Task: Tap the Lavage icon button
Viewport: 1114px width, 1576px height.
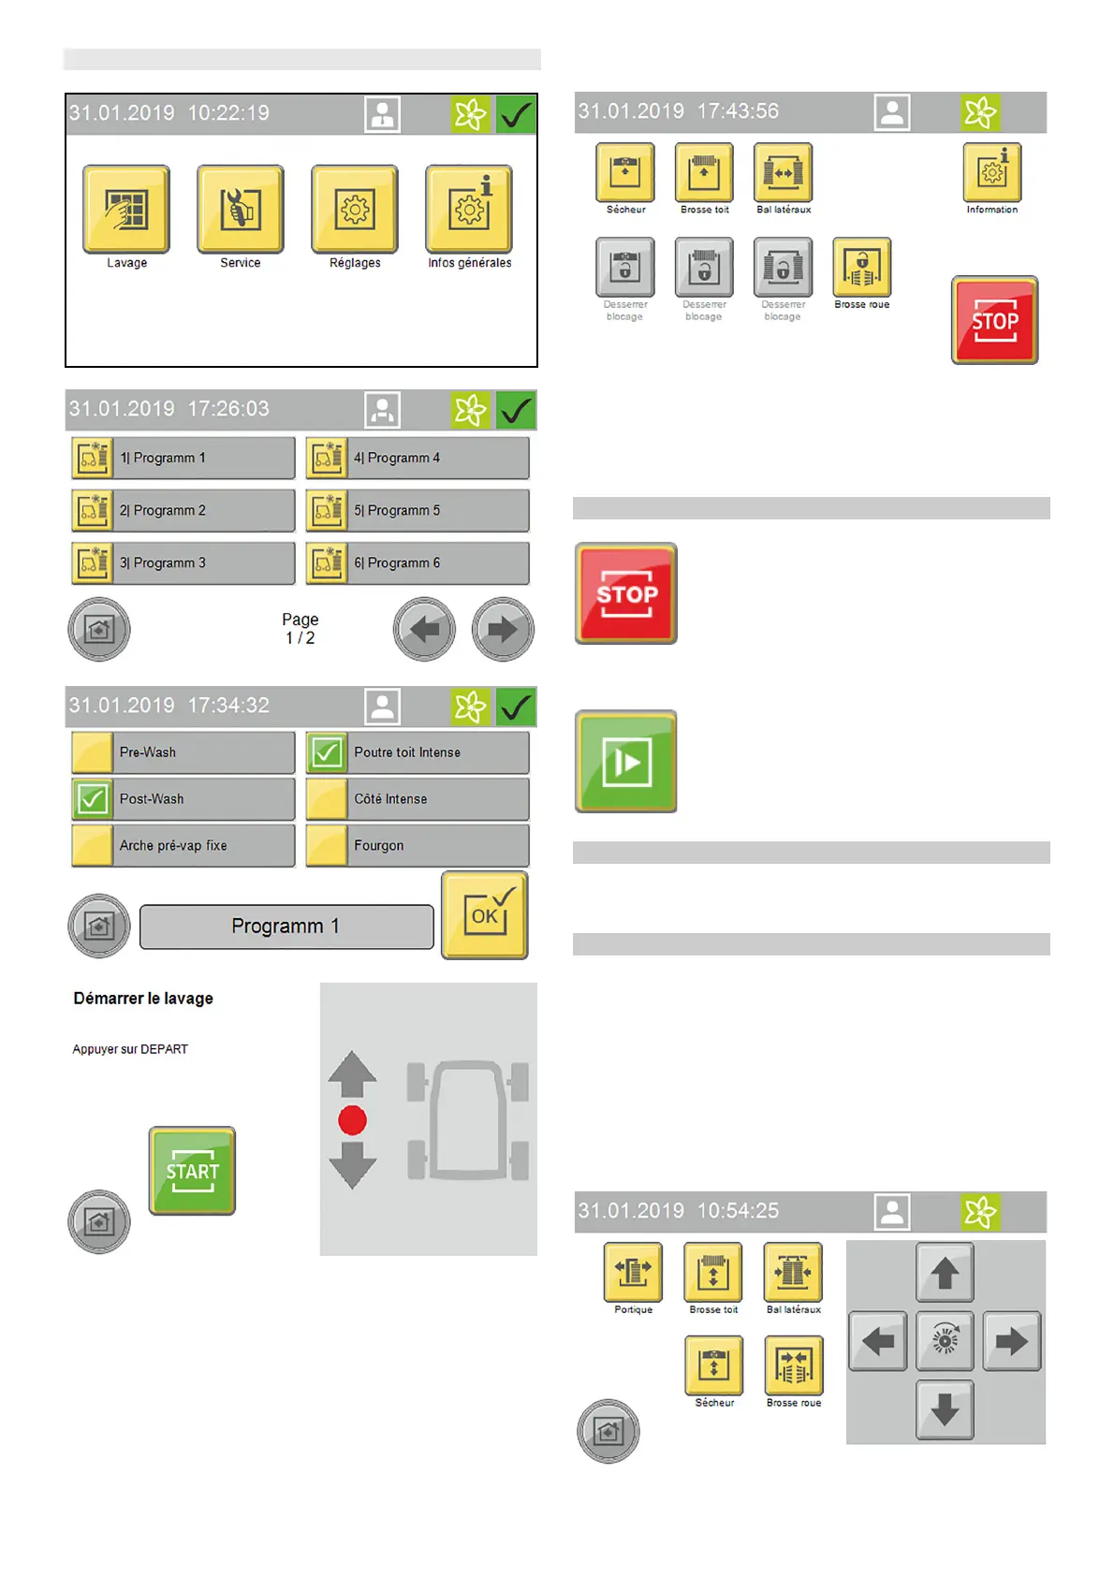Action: pos(126,210)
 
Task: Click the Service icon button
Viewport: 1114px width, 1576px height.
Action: pos(241,210)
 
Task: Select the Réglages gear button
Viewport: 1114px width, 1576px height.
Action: pos(355,210)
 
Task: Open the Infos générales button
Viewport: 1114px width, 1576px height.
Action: pos(469,210)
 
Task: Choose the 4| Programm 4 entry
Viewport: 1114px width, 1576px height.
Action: pos(418,459)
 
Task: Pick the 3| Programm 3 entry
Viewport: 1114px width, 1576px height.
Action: pos(183,563)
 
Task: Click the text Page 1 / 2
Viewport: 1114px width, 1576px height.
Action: pos(300,629)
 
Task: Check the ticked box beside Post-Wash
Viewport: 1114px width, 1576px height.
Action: pos(93,799)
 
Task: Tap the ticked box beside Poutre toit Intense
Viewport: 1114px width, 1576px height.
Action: pos(327,752)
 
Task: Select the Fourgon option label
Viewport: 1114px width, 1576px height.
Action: pos(379,846)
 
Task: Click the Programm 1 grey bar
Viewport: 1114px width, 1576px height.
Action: pos(286,927)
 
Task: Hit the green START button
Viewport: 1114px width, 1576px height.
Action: pos(193,1171)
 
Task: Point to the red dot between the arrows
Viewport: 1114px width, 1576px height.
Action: pos(352,1120)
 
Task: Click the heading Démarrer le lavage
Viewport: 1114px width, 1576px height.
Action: pos(143,999)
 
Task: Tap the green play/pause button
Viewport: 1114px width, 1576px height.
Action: pos(625,762)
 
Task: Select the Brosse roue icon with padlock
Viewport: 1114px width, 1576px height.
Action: pos(862,268)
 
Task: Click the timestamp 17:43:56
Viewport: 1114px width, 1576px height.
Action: pos(738,111)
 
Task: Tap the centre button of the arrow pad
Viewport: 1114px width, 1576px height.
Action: pos(945,1341)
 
